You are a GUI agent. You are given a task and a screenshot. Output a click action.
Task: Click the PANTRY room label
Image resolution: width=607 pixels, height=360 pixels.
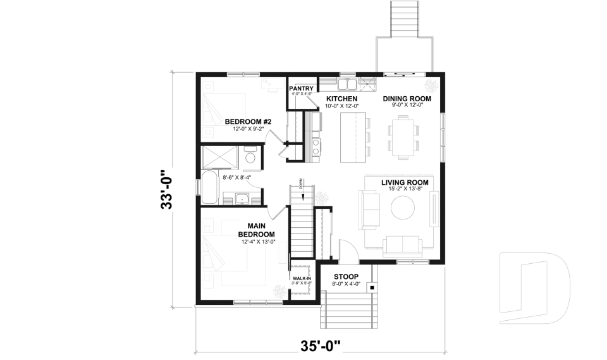(x=301, y=88)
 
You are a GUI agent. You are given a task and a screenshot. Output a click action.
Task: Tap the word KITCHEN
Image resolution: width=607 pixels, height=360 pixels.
(x=341, y=99)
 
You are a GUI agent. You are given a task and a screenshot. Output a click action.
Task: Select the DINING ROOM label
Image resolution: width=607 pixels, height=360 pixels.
(x=407, y=99)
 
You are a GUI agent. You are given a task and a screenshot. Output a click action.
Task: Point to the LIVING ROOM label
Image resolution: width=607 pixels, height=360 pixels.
(x=405, y=183)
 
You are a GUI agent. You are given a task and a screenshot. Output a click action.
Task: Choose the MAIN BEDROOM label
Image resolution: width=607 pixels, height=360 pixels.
(x=256, y=230)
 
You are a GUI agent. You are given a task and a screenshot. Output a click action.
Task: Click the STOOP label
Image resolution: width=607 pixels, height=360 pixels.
(x=346, y=277)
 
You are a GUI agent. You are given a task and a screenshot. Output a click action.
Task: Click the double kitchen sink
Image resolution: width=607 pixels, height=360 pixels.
(x=346, y=83)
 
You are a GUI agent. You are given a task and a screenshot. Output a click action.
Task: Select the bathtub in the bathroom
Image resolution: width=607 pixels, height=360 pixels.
(x=211, y=187)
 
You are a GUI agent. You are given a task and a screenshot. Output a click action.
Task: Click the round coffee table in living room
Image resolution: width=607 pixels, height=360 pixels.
(x=402, y=208)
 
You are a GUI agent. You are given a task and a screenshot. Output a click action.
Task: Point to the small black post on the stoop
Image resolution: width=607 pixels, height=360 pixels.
(x=372, y=288)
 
